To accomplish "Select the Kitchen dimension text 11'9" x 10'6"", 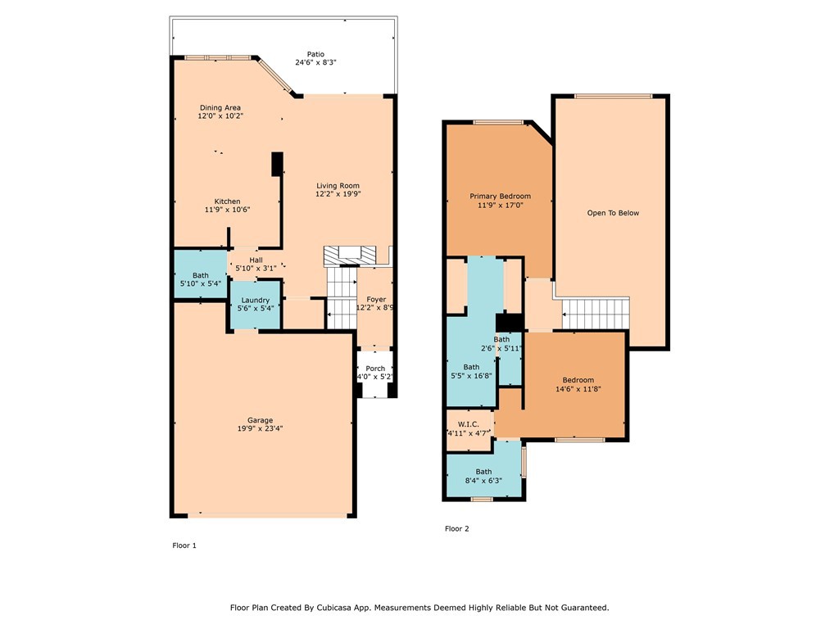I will [227, 210].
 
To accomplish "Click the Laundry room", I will [256, 305].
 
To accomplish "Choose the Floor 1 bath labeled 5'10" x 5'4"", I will [201, 279].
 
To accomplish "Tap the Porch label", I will [375, 369].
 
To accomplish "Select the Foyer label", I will [376, 300].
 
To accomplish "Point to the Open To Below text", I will [613, 213].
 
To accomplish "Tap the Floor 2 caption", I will [457, 529].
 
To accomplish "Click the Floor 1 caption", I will [184, 545].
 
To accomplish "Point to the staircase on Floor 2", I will [594, 313].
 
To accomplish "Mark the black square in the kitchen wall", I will [277, 164].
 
